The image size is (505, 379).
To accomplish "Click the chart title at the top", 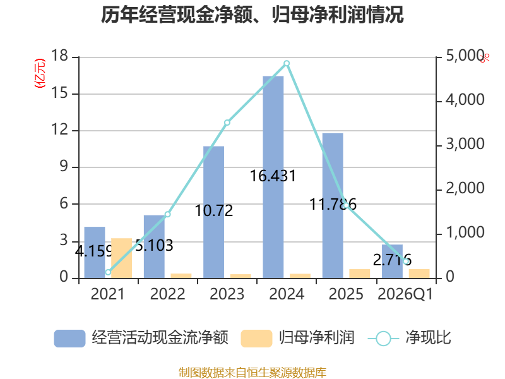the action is click(x=252, y=15).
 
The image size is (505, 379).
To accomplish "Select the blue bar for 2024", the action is click(x=273, y=177).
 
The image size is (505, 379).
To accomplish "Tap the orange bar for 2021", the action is click(x=121, y=258).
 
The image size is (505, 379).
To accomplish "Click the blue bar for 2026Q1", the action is click(x=392, y=262).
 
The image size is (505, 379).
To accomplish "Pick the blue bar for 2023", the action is click(x=213, y=212).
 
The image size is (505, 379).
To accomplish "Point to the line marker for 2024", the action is click(x=287, y=63).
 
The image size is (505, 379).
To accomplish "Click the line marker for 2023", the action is click(x=227, y=123).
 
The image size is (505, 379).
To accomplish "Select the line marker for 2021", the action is click(x=108, y=272).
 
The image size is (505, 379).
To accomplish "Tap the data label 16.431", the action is click(x=273, y=176).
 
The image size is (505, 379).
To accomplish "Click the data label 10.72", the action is click(x=214, y=211).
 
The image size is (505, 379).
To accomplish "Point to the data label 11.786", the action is click(x=333, y=204).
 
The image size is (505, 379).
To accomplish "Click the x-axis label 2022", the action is click(x=167, y=294).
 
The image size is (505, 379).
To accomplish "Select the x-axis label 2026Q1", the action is click(x=405, y=294).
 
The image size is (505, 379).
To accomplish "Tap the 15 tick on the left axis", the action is click(x=60, y=93).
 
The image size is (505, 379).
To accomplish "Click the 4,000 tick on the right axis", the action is click(x=465, y=100).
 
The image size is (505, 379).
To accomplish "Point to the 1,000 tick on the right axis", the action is click(x=465, y=232).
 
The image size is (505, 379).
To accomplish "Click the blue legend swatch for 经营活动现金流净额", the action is click(x=69, y=339).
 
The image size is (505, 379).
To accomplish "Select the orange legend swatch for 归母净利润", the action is click(x=256, y=339).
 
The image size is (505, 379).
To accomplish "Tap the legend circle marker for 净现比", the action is click(x=383, y=339).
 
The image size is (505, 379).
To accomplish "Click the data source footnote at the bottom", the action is click(x=252, y=373).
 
